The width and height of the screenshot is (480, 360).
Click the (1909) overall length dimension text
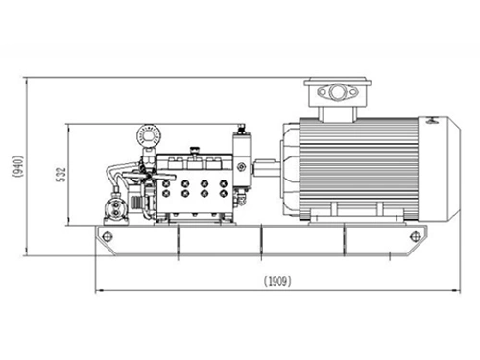click(276, 282)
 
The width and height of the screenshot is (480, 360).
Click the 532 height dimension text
click(61, 174)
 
